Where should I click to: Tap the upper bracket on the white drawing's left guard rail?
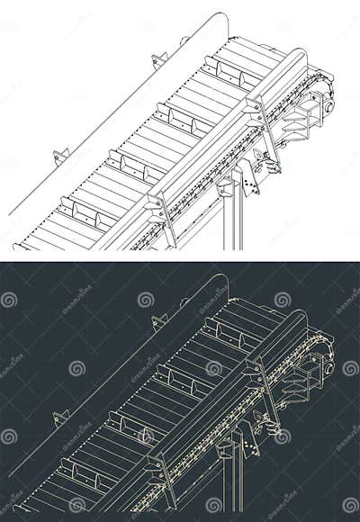159,60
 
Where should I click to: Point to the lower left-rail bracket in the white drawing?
60,157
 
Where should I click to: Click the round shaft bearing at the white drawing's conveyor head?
328,106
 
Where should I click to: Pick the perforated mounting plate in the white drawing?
247,178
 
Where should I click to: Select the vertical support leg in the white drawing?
233,220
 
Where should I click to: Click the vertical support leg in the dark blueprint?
233,482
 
